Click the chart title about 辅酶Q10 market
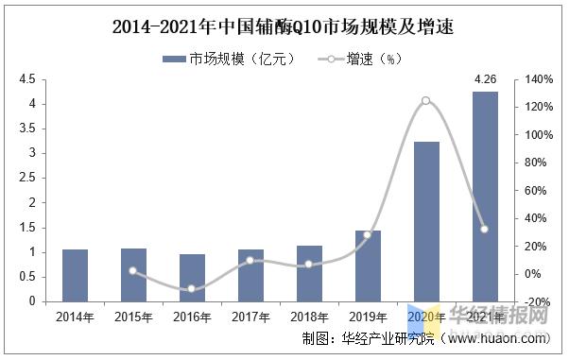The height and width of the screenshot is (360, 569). coord(284,27)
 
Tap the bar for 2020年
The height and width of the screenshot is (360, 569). coord(425,221)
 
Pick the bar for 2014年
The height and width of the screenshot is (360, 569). coord(75,275)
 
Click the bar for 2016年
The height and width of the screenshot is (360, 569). coord(192,278)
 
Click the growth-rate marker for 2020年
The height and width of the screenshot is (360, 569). coord(425,100)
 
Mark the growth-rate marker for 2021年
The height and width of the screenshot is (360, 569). coord(484,229)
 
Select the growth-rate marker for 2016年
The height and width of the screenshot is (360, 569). coord(192,289)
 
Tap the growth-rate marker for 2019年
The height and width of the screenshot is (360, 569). coord(367,234)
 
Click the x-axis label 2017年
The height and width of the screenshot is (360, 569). coord(250,316)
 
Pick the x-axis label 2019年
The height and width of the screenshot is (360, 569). coord(367,316)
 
